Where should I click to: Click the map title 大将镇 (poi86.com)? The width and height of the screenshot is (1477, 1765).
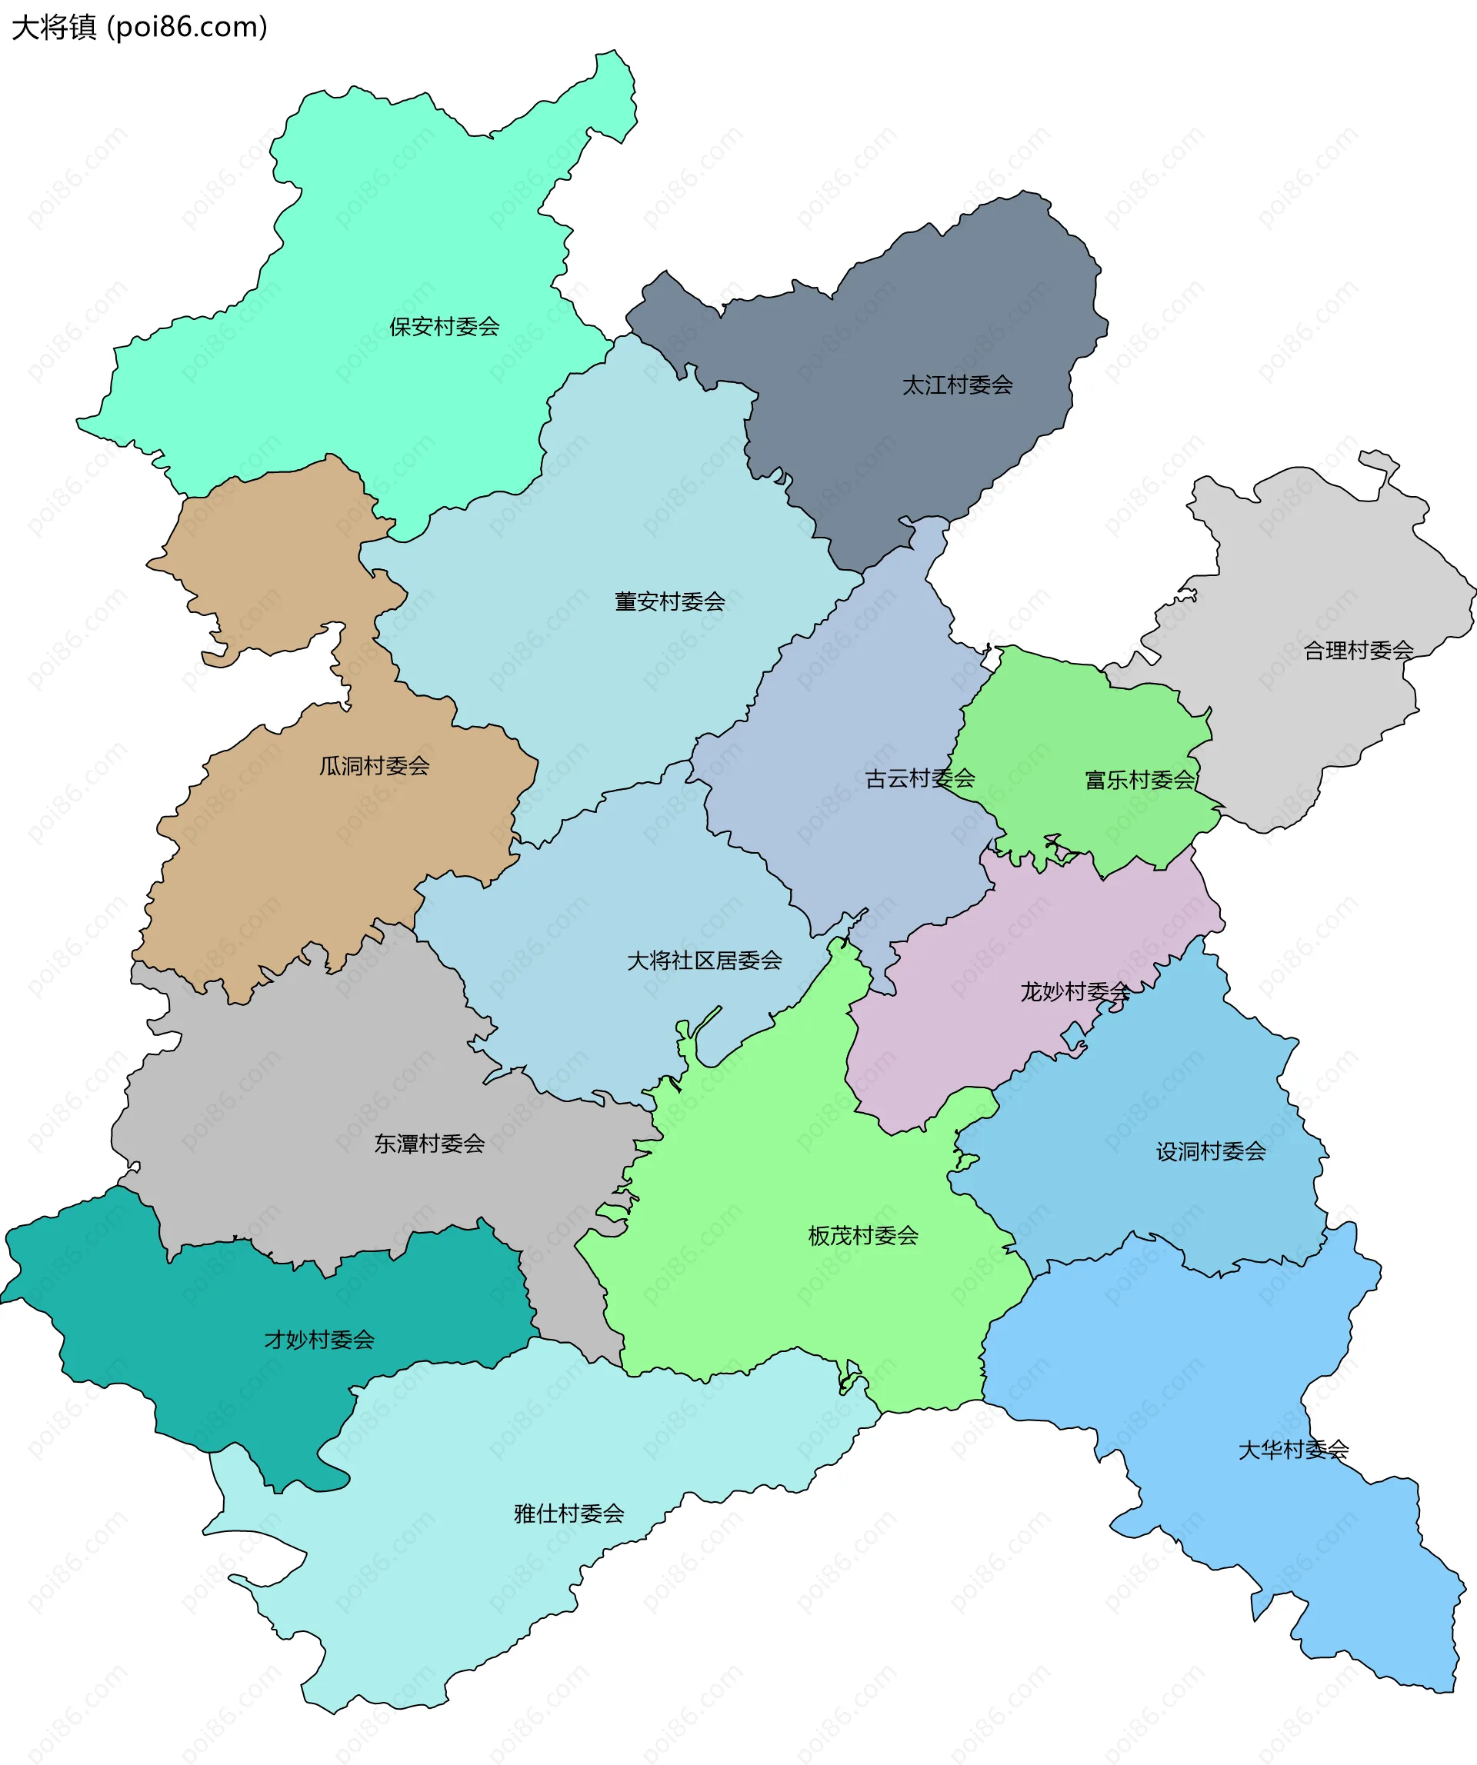(139, 28)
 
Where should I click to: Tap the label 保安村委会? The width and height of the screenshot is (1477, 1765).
(444, 326)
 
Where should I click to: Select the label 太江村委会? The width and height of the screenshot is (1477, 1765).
(957, 385)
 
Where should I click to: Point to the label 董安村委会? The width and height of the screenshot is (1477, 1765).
(669, 601)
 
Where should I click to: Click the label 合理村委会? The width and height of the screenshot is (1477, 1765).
(1358, 650)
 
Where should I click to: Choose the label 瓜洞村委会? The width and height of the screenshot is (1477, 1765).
(374, 766)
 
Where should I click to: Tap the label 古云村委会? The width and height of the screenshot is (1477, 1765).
(919, 778)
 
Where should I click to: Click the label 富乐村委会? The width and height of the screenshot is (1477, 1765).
(1139, 780)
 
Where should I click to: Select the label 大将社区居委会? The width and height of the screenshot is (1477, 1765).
(705, 961)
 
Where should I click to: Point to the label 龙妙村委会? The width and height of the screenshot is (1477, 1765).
(1075, 992)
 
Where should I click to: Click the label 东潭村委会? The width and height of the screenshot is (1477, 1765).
(428, 1143)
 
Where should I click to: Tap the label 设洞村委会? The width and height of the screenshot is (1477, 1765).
(1211, 1151)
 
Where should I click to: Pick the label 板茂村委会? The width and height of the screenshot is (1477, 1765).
(862, 1235)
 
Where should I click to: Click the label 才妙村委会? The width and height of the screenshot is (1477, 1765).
(318, 1340)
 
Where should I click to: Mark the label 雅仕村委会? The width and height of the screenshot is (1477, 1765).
(569, 1514)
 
